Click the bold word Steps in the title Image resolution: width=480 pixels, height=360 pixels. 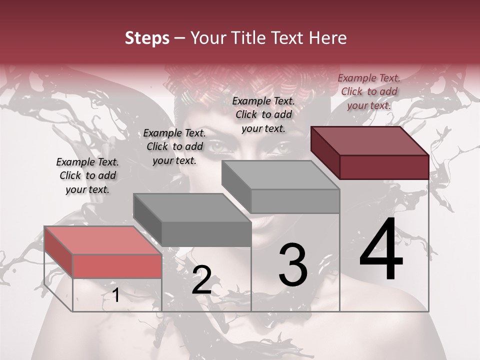(147, 38)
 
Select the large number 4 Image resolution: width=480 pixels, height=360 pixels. (381, 250)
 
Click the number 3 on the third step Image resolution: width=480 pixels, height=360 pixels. (292, 265)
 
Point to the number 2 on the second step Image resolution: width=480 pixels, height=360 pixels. (201, 280)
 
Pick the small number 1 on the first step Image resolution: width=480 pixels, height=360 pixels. (115, 295)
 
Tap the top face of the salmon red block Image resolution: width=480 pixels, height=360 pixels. (102, 240)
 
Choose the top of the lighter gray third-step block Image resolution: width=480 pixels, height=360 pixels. (281, 175)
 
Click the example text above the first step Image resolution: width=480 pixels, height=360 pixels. (87, 175)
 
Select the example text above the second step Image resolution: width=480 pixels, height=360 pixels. (174, 146)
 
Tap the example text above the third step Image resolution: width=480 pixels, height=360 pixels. (263, 114)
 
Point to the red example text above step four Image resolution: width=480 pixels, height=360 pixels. (369, 91)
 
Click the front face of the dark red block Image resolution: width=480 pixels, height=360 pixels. (384, 167)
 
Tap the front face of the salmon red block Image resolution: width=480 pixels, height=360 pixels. (117, 266)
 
